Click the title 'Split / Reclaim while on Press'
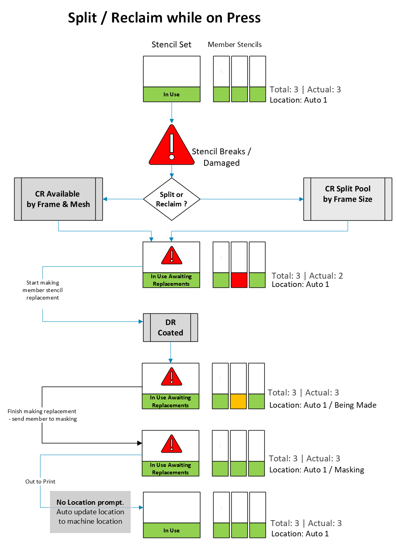[164, 18]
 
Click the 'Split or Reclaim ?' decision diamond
[171, 199]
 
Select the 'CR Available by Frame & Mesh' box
[58, 199]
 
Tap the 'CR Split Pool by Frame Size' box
[347, 199]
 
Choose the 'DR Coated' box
[170, 327]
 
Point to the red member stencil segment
[239, 280]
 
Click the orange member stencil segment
[238, 401]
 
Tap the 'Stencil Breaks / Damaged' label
[221, 157]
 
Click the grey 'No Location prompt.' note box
[90, 512]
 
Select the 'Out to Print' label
[40, 481]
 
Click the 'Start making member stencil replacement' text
[43, 290]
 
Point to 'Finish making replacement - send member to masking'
[42, 415]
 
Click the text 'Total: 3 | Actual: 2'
[307, 276]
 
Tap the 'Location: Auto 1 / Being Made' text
[323, 405]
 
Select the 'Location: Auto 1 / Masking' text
[317, 470]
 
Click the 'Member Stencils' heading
[235, 45]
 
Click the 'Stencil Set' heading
[171, 45]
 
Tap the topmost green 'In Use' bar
[171, 94]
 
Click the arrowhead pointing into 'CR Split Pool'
[302, 199]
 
